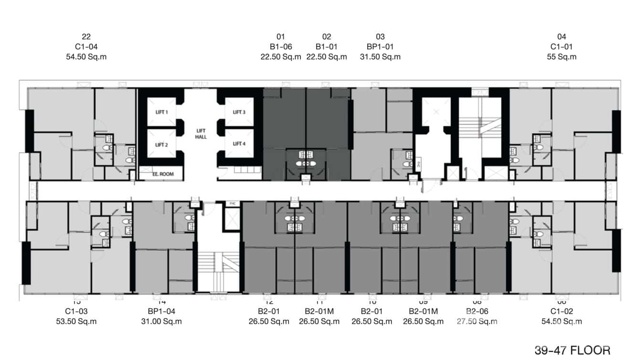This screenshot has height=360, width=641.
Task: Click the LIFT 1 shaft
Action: pos(161,112)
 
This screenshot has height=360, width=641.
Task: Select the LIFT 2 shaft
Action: pos(161,145)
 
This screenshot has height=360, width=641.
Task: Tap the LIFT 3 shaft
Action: pos(239,112)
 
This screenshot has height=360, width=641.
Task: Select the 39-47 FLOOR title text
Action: pos(572,350)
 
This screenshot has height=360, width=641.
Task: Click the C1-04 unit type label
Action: pos(86,47)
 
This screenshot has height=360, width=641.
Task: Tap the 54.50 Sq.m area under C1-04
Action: pos(86,57)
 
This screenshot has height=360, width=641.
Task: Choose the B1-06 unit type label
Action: pos(280,47)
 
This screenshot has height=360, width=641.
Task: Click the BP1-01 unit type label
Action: pos(380,47)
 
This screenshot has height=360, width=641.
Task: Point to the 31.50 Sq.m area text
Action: pos(380,57)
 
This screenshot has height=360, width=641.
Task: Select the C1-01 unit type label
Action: pos(561,47)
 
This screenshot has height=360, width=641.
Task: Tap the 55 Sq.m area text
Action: pos(561,57)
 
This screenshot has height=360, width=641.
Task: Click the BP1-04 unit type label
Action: pos(161,311)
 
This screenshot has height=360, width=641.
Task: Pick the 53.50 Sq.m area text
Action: pos(76,321)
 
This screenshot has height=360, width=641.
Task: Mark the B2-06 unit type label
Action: pos(477,311)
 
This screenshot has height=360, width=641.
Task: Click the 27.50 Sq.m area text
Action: pos(477,321)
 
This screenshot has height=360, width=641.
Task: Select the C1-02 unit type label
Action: pos(561,311)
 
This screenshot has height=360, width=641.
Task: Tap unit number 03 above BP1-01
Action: pos(380,37)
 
